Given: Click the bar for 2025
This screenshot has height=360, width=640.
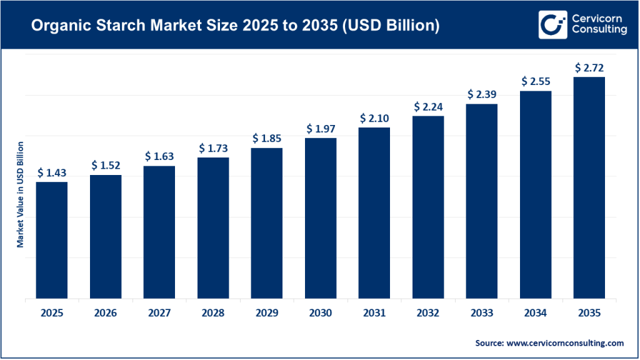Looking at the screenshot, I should pyautogui.click(x=51, y=240).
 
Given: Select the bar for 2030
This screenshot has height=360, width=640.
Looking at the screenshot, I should pyautogui.click(x=321, y=218).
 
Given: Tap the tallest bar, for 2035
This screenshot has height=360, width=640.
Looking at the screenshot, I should pyautogui.click(x=589, y=187).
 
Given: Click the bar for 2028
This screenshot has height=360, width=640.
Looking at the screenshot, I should pyautogui.click(x=213, y=227).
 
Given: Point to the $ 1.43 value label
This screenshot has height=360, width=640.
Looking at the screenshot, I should pyautogui.click(x=51, y=172).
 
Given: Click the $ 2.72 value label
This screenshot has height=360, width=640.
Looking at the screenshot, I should pyautogui.click(x=589, y=67).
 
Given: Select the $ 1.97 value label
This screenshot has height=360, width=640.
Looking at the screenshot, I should pyautogui.click(x=321, y=129).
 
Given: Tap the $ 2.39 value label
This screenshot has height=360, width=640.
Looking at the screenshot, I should pyautogui.click(x=482, y=94).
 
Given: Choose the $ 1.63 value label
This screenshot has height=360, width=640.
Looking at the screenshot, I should pyautogui.click(x=159, y=156).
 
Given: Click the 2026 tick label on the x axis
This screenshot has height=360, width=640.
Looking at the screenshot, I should pyautogui.click(x=105, y=313).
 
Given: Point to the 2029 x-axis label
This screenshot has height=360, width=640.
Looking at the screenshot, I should pyautogui.click(x=267, y=313).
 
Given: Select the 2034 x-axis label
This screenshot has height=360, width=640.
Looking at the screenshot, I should pyautogui.click(x=536, y=313).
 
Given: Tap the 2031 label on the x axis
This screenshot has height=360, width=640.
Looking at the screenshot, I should pyautogui.click(x=374, y=313).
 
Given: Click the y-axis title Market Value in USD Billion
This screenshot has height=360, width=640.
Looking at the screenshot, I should pyautogui.click(x=20, y=194).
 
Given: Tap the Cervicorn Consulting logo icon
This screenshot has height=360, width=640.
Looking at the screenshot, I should pyautogui.click(x=552, y=24).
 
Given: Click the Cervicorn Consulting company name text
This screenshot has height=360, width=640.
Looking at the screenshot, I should pyautogui.click(x=599, y=24).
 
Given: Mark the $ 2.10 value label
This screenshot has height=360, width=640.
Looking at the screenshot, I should pyautogui.click(x=374, y=119).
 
